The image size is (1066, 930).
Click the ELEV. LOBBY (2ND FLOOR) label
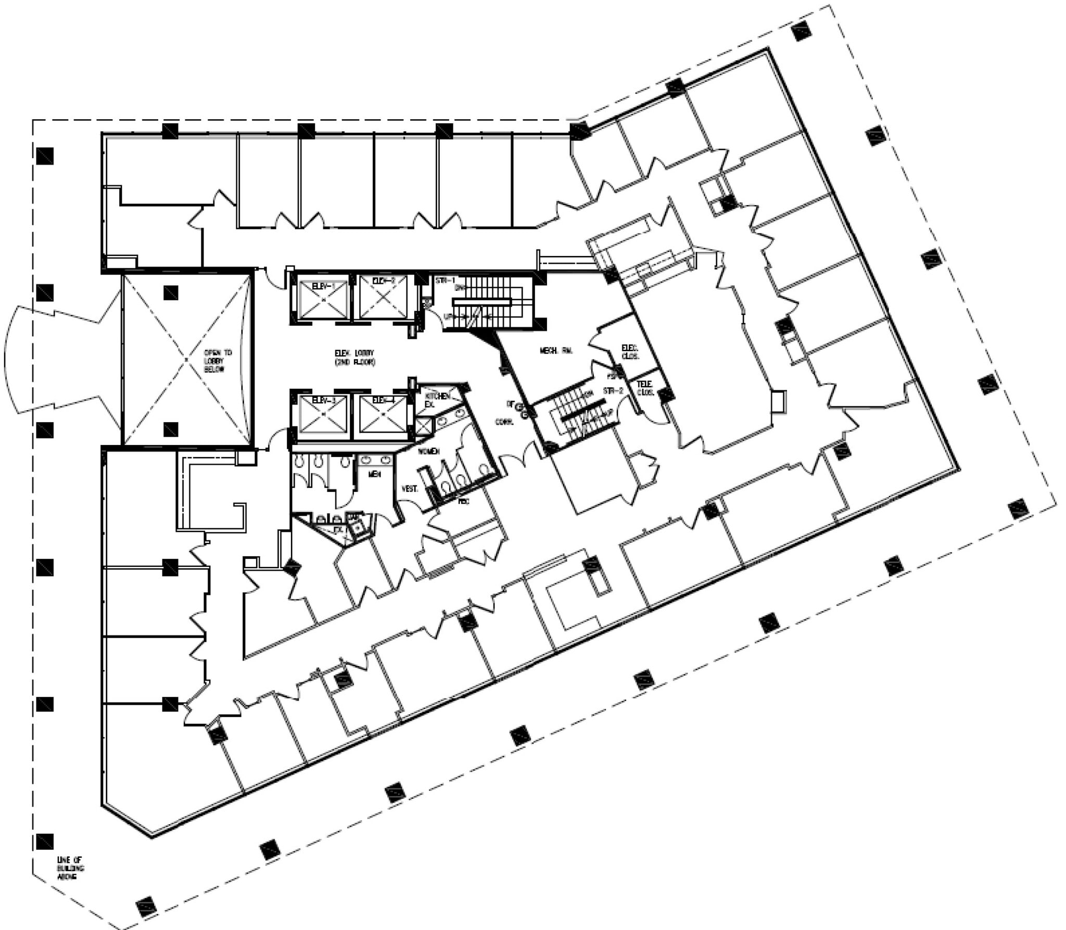[354, 357]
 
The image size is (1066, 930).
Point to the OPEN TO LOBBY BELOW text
[218, 361]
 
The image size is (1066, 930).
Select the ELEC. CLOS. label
[630, 352]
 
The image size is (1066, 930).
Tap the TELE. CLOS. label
[645, 388]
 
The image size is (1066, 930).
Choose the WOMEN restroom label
[430, 451]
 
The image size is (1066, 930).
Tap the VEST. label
[410, 489]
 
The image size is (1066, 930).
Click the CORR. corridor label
[504, 423]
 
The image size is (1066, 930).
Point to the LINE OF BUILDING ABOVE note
[70, 868]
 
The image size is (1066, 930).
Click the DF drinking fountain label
[511, 403]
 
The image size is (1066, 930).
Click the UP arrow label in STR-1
[447, 316]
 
